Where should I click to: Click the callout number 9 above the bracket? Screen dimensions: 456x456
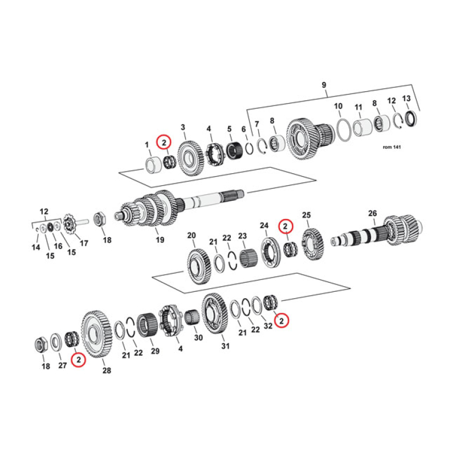324,85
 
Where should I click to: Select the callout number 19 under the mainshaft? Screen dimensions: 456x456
160,240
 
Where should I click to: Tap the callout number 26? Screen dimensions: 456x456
372,214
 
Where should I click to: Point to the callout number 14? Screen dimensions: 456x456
35,247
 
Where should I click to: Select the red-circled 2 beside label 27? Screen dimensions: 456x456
78,359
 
